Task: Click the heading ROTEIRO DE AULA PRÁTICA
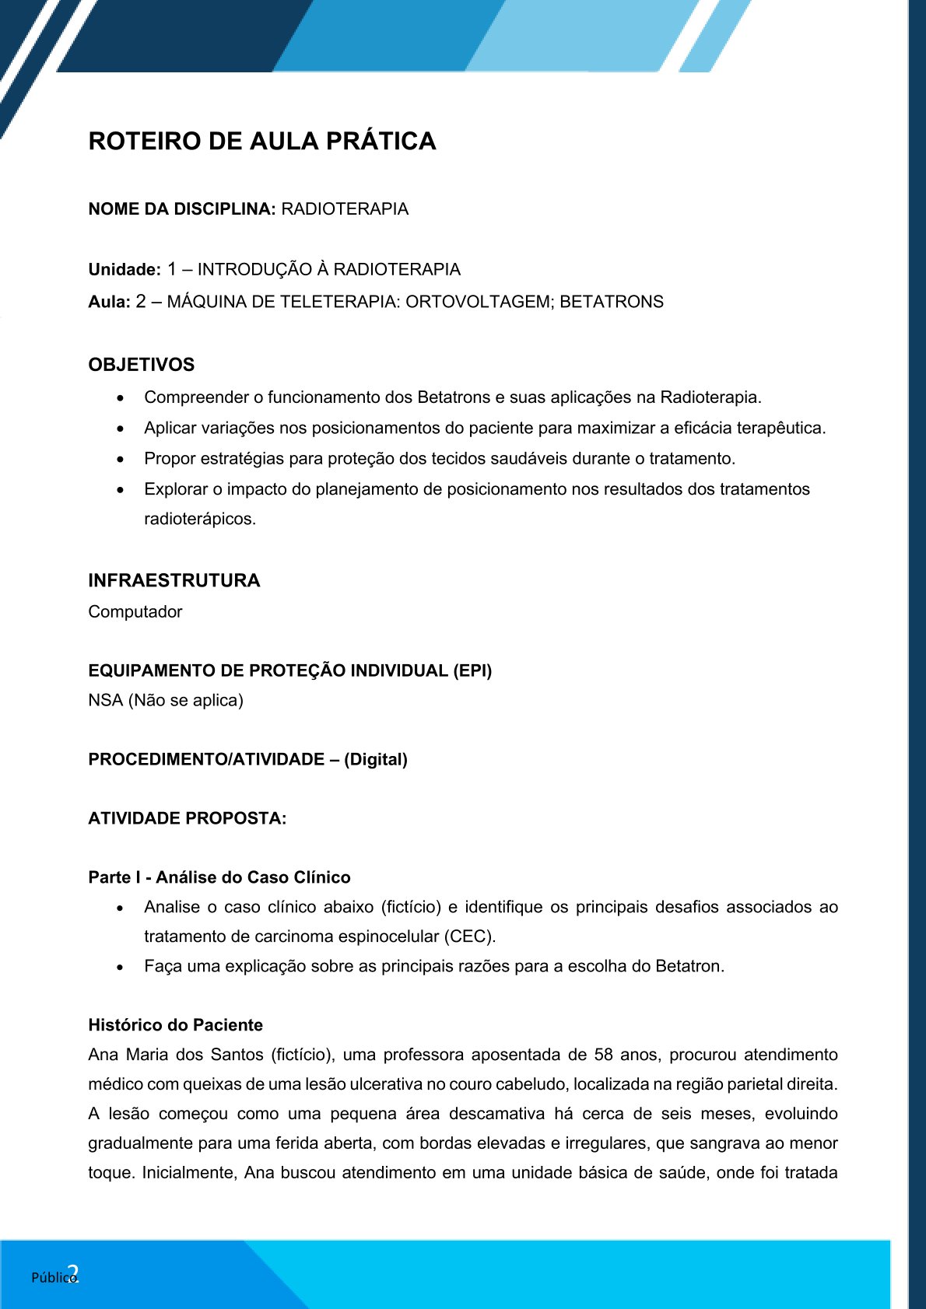pos(262,142)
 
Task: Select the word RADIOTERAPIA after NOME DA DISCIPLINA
pos(345,209)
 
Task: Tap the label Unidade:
pos(125,270)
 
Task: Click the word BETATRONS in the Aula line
pos(612,302)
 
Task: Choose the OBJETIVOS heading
pos(142,365)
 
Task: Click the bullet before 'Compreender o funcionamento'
pos(120,398)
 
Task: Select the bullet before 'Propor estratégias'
pos(120,460)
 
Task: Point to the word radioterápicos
pos(200,519)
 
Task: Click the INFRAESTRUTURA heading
pos(174,581)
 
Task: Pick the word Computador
pos(135,612)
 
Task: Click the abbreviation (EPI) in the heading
pos(472,670)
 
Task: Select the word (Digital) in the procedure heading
pos(376,759)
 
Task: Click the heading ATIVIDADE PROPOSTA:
pos(188,818)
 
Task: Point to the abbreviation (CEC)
pos(469,936)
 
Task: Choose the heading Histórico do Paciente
pos(176,1025)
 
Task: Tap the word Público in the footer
pos(52,1277)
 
